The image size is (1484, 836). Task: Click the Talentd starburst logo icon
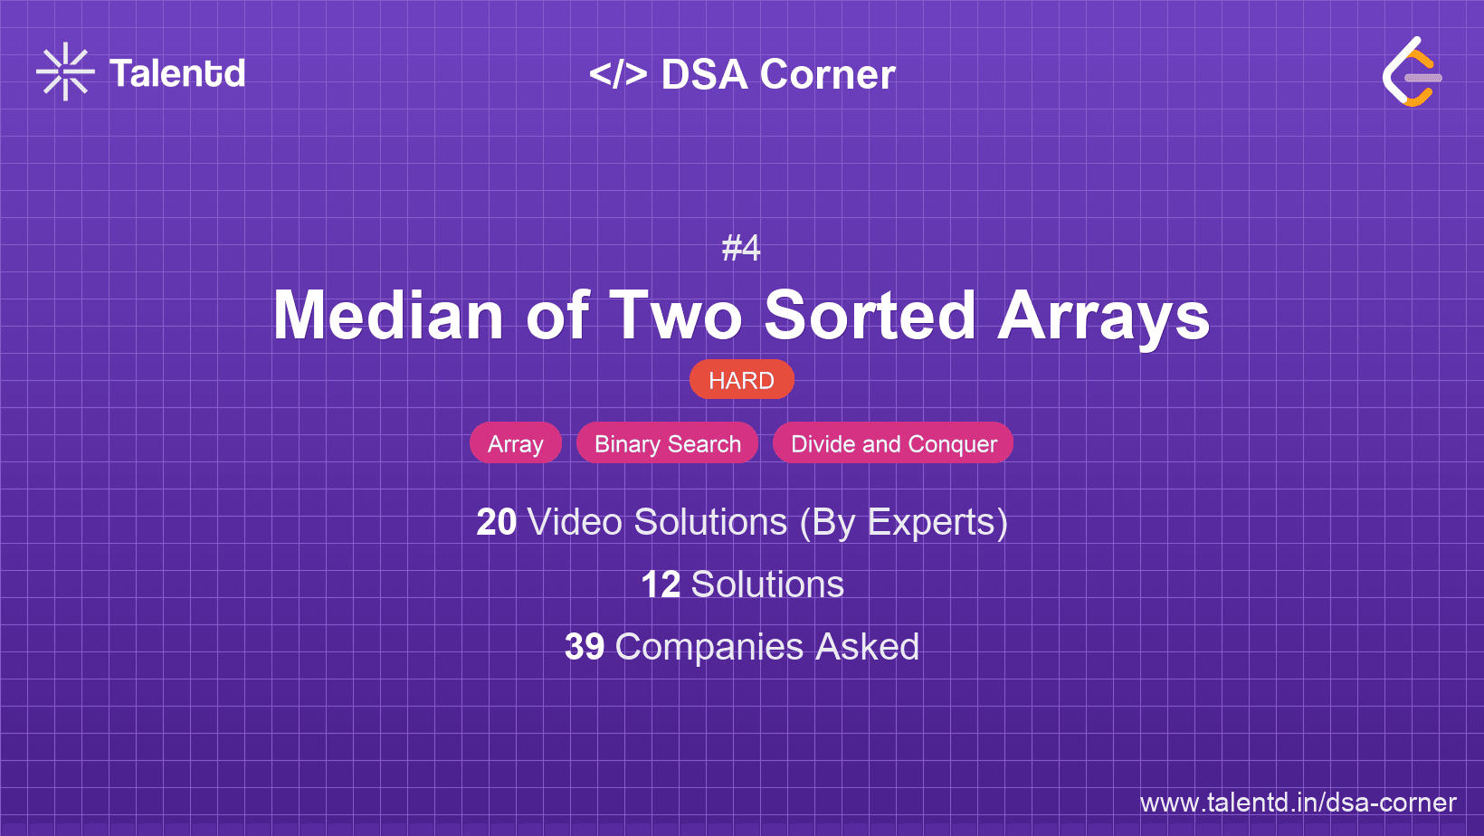pyautogui.click(x=65, y=71)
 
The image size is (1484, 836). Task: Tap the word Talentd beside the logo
pyautogui.click(x=177, y=73)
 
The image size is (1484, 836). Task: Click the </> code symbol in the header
pyautogui.click(x=618, y=73)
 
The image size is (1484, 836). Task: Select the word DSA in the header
pyautogui.click(x=705, y=74)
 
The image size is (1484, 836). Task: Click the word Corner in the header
pyautogui.click(x=828, y=74)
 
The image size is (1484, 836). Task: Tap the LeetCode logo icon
pyautogui.click(x=1412, y=72)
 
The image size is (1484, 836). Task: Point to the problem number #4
pyautogui.click(x=741, y=247)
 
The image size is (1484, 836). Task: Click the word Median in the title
pyautogui.click(x=388, y=315)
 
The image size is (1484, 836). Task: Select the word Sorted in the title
pyautogui.click(x=870, y=315)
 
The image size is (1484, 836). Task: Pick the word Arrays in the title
pyautogui.click(x=1103, y=317)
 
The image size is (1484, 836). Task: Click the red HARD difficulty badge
pyautogui.click(x=741, y=380)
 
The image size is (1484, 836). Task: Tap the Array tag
pyautogui.click(x=516, y=443)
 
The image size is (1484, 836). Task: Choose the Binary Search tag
pyautogui.click(x=668, y=443)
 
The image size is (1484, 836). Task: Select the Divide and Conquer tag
pyautogui.click(x=893, y=443)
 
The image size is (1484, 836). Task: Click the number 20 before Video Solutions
pyautogui.click(x=496, y=522)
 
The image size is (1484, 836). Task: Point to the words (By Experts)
pyautogui.click(x=903, y=522)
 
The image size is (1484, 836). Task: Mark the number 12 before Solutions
pyautogui.click(x=661, y=584)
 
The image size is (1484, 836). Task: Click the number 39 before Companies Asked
pyautogui.click(x=585, y=647)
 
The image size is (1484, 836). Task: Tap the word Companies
pyautogui.click(x=709, y=647)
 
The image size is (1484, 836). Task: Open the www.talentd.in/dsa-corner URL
pyautogui.click(x=1298, y=803)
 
